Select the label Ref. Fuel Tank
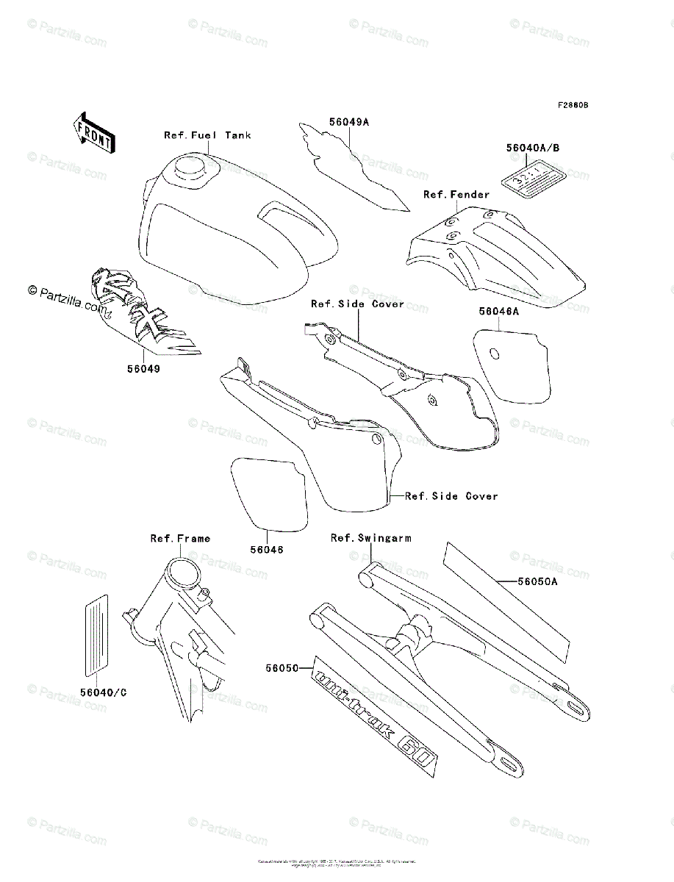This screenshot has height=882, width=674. pos(207,135)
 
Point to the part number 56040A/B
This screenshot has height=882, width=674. pos(533,147)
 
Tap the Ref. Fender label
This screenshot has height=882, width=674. pos(456,195)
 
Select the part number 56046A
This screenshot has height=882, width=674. pos(499,312)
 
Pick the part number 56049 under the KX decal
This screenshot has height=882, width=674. pos(142,369)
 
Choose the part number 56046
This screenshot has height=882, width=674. pos(266,549)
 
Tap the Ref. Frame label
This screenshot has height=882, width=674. pos(180,539)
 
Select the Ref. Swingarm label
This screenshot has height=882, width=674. pos(370,538)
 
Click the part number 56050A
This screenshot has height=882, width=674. pos(537,581)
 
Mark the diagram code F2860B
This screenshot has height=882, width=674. pos(573,105)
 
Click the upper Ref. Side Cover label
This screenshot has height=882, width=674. pos(357,304)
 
